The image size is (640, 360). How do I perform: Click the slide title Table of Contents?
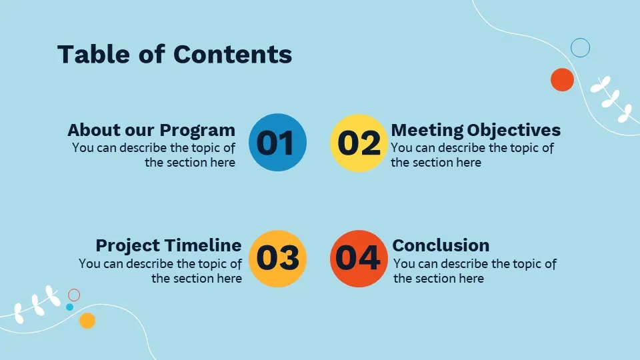point(175,54)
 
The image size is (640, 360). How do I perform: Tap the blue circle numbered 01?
point(277,143)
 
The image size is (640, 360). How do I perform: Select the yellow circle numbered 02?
point(359,143)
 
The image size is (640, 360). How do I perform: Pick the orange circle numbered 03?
point(277,259)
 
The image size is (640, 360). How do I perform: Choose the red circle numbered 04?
point(359,259)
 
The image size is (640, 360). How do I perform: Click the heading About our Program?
point(151,130)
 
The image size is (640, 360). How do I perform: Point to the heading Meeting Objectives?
point(475,130)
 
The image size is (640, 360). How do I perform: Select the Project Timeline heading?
point(169,245)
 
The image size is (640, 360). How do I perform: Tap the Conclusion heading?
point(441,245)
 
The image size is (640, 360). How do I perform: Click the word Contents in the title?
point(233,54)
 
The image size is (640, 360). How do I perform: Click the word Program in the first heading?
point(197,131)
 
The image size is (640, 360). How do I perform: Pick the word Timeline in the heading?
point(204,245)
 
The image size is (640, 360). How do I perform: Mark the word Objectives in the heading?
point(514,131)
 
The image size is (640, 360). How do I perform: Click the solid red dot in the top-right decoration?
point(562,79)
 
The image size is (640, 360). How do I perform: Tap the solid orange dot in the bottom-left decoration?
point(87,321)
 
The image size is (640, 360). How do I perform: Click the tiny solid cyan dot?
point(69,307)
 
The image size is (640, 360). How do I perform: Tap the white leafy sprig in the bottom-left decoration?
point(37,304)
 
